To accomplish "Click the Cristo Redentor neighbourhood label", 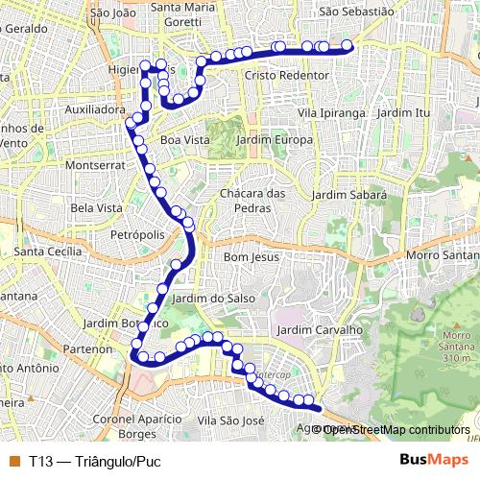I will pyautogui.click(x=274, y=75).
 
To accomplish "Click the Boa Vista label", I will pyautogui.click(x=184, y=140).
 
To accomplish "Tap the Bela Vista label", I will pyautogui.click(x=96, y=207).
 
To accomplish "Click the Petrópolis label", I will pyautogui.click(x=138, y=233).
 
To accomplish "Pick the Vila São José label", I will pyautogui.click(x=229, y=420).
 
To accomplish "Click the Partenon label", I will pyautogui.click(x=87, y=349).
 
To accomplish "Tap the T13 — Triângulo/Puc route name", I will pyautogui.click(x=94, y=461).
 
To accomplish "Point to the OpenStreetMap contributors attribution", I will pyautogui.click(x=396, y=429).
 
